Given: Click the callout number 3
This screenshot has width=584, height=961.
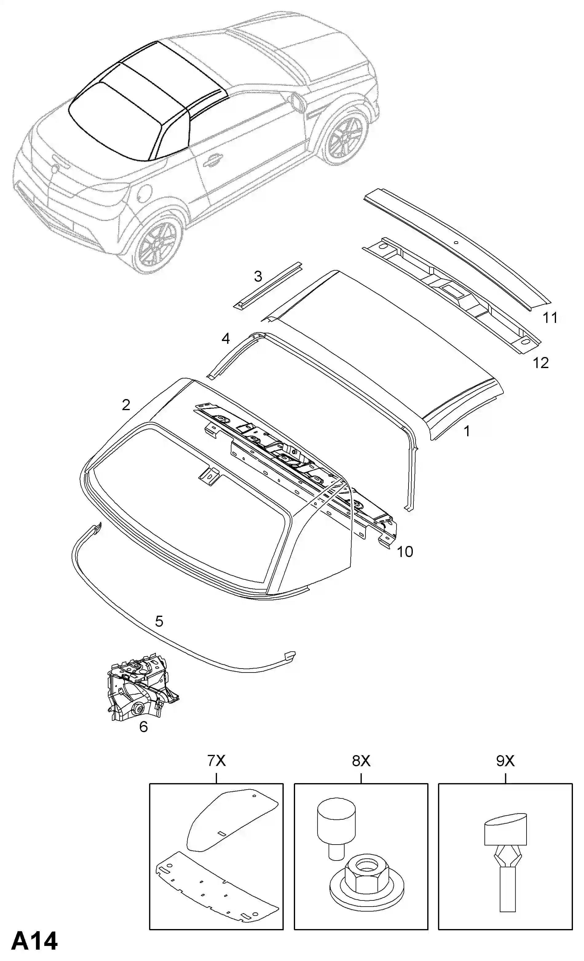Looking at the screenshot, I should click(x=258, y=277).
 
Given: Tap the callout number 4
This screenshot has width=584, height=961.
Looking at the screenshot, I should click(x=226, y=339).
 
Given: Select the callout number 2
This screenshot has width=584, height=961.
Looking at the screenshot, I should click(x=126, y=405).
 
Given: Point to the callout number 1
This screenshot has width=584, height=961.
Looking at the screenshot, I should click(x=467, y=431).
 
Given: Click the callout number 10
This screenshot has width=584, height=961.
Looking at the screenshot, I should click(x=405, y=552).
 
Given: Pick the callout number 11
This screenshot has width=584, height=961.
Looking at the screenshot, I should click(x=550, y=318).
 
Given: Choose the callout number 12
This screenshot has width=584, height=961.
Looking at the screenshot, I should click(x=541, y=363).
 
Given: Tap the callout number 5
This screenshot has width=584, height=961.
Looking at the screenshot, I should click(x=159, y=621).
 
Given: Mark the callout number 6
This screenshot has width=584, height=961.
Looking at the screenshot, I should click(x=144, y=727).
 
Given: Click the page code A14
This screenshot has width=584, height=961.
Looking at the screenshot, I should click(x=34, y=941).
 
